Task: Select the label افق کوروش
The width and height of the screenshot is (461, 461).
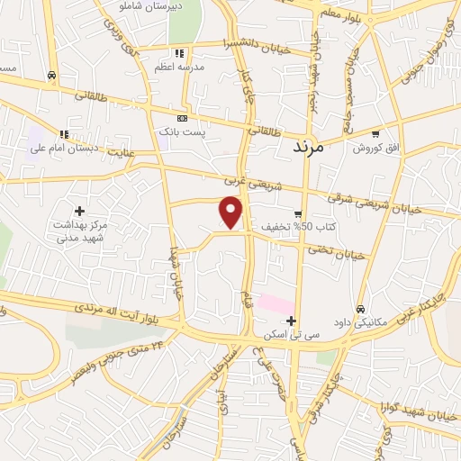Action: tap(375, 147)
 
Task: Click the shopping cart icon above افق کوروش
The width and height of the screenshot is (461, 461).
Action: tap(375, 133)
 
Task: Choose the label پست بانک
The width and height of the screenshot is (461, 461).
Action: tap(183, 131)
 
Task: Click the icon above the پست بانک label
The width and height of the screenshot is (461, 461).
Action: tap(183, 118)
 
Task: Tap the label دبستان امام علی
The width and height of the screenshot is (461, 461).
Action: tap(65, 148)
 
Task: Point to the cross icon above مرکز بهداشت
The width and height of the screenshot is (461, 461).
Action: tap(80, 210)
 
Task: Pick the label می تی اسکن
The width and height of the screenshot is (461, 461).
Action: tap(290, 333)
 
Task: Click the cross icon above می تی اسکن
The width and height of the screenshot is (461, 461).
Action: tap(290, 320)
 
